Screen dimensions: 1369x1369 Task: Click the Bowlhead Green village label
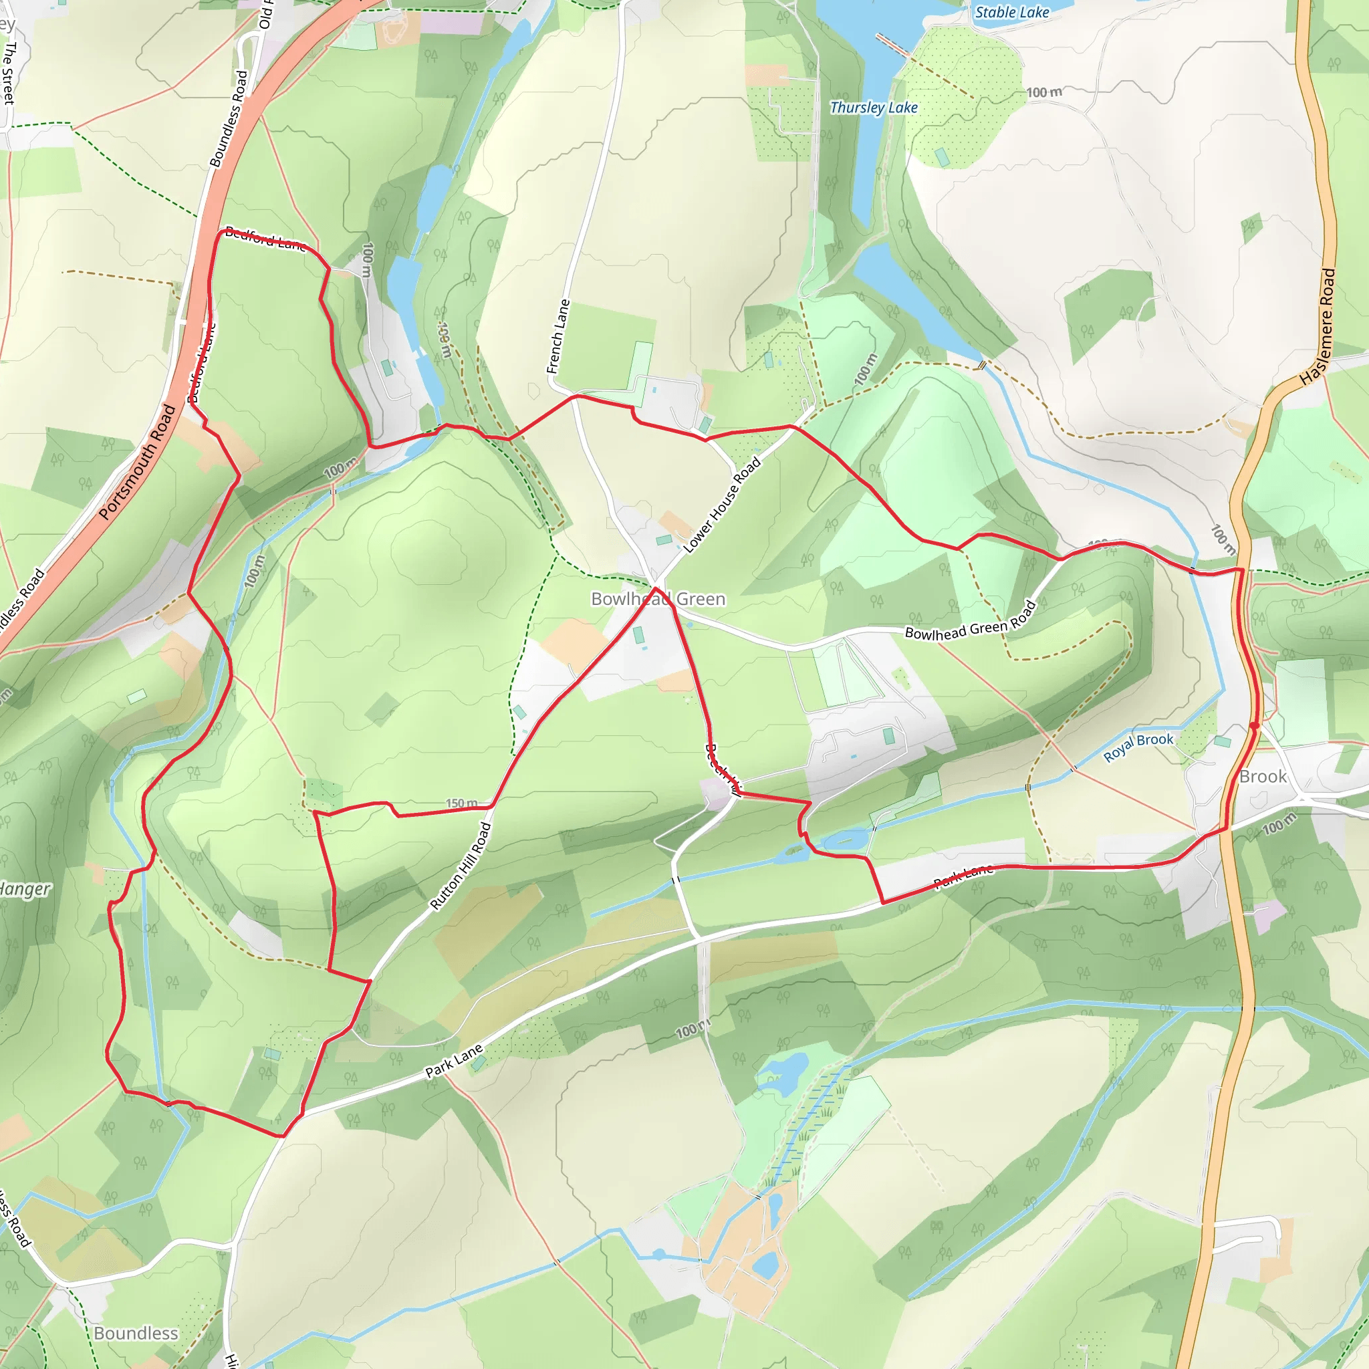point(658,599)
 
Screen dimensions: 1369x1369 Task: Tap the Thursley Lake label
point(873,108)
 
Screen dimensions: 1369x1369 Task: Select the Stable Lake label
point(1011,12)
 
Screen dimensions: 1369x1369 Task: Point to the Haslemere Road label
point(1319,327)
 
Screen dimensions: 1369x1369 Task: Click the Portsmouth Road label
point(138,461)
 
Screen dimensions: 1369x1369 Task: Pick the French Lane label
point(557,337)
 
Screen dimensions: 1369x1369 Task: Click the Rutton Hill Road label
point(461,865)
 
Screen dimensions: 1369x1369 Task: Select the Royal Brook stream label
point(1138,747)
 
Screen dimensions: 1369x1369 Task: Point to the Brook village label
point(1263,777)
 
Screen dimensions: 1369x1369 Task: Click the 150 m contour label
point(461,803)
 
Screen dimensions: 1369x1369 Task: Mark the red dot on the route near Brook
point(1254,725)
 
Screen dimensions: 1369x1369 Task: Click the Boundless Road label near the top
point(229,119)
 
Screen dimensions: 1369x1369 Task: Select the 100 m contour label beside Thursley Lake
point(1043,92)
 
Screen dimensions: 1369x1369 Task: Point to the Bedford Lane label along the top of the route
point(266,239)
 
